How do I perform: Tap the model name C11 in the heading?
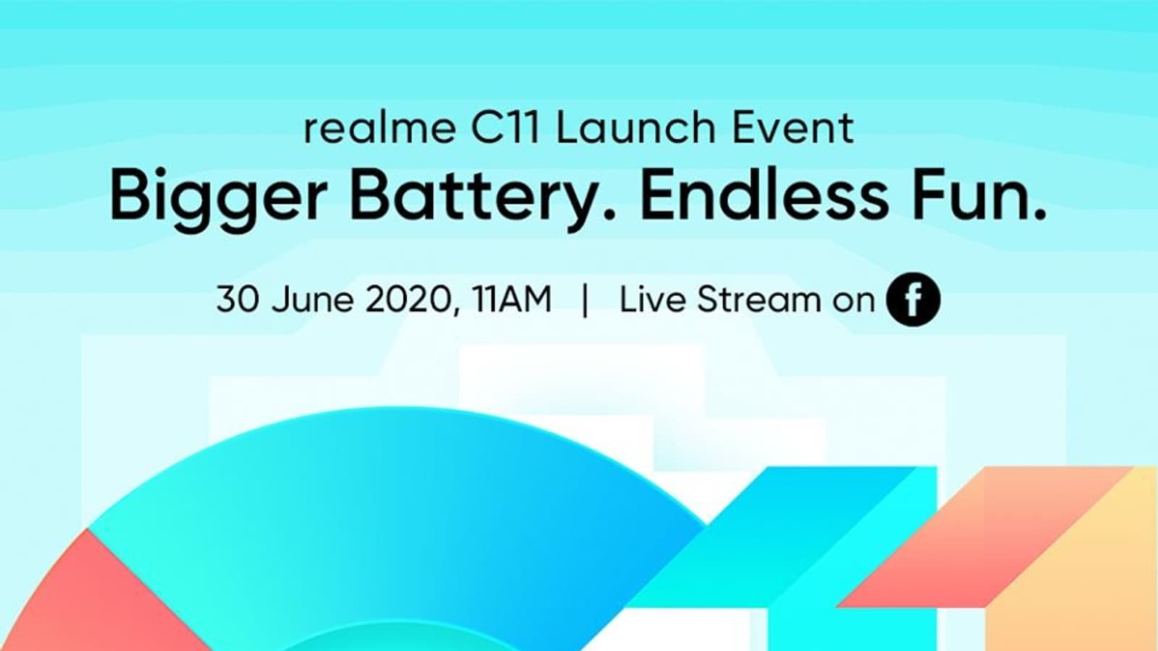(505, 128)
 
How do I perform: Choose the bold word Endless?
(764, 196)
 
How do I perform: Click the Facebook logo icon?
(913, 299)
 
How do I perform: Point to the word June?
(313, 299)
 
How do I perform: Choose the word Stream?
(758, 299)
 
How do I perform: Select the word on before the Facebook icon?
(853, 302)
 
